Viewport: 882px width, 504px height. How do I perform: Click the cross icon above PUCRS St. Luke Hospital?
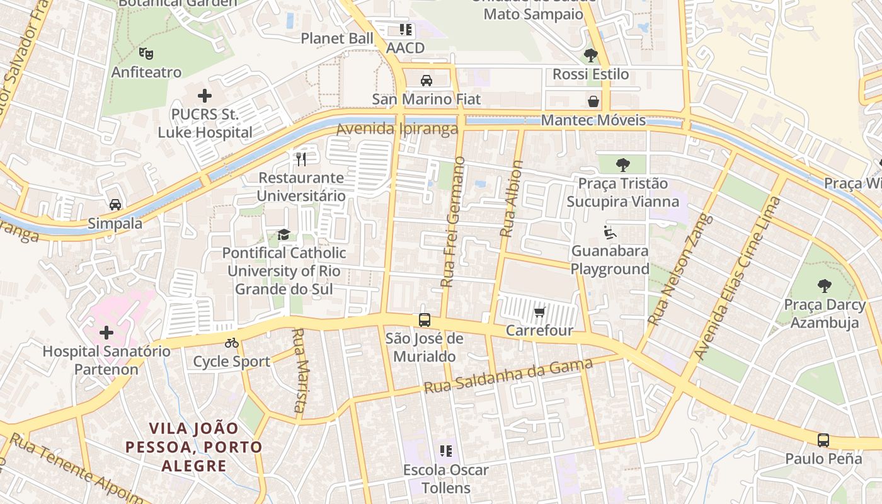click(x=204, y=96)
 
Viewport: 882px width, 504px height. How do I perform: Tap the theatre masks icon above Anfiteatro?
click(x=146, y=54)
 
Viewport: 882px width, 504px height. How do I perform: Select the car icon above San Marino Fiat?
click(x=427, y=81)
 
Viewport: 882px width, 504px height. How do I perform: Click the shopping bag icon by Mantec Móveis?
click(x=593, y=101)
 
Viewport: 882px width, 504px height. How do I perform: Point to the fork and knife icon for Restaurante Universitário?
click(x=301, y=159)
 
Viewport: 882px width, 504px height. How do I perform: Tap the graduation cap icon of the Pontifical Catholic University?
click(x=284, y=235)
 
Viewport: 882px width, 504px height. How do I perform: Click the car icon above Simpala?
click(x=115, y=205)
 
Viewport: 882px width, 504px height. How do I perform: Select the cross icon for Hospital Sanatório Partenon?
click(x=106, y=332)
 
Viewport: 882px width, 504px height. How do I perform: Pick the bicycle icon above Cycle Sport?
click(x=232, y=343)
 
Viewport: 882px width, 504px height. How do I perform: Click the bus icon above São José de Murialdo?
click(x=425, y=320)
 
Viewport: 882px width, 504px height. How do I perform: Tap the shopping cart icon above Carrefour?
click(x=539, y=312)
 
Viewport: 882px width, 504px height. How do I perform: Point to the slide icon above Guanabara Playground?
click(x=609, y=232)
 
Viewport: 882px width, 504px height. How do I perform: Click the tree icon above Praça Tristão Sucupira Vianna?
click(x=623, y=165)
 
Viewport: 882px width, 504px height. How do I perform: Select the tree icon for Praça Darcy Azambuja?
click(x=824, y=286)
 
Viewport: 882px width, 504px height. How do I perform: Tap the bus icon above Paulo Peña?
click(x=823, y=440)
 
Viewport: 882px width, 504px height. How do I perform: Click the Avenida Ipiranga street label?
click(x=397, y=130)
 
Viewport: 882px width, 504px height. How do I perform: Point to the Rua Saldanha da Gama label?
click(x=508, y=376)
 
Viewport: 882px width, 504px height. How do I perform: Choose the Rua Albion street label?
click(x=512, y=198)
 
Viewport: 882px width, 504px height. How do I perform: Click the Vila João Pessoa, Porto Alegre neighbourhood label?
click(x=193, y=447)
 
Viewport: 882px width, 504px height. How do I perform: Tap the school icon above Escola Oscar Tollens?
click(x=446, y=451)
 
